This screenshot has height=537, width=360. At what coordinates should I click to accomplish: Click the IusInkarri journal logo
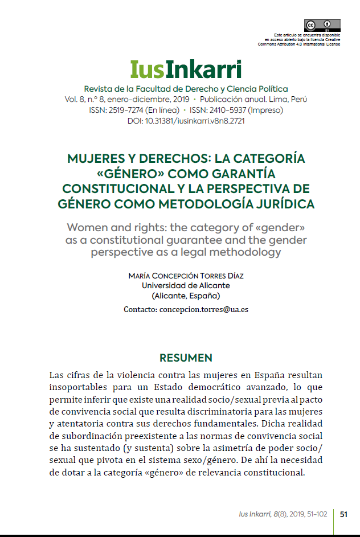[186, 69]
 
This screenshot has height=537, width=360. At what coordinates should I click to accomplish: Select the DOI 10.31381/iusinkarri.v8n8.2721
[186, 121]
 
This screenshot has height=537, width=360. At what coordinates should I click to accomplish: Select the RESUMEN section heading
[186, 358]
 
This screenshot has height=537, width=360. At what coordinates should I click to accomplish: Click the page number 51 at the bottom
[343, 514]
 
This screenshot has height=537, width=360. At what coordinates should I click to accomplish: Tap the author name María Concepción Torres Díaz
[186, 276]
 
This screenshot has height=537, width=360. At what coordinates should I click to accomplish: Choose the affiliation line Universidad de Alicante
[186, 286]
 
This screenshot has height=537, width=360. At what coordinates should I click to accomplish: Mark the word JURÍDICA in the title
[283, 203]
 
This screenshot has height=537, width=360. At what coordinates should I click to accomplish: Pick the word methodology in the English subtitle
[247, 252]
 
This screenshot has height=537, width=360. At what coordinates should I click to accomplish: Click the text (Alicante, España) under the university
[186, 296]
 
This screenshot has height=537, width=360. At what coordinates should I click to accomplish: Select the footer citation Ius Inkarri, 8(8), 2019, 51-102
[283, 514]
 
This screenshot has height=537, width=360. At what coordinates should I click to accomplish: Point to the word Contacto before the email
[140, 310]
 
